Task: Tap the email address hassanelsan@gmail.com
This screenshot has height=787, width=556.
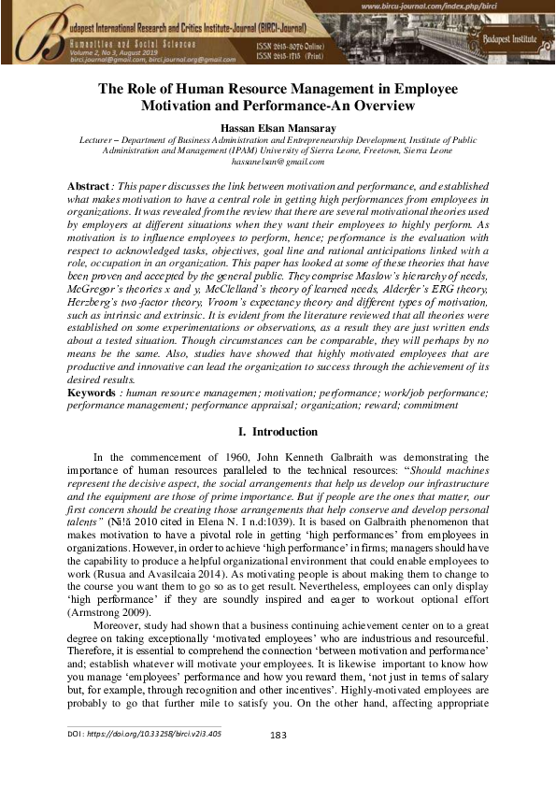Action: (x=278, y=161)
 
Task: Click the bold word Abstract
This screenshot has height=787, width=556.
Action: (x=89, y=187)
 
